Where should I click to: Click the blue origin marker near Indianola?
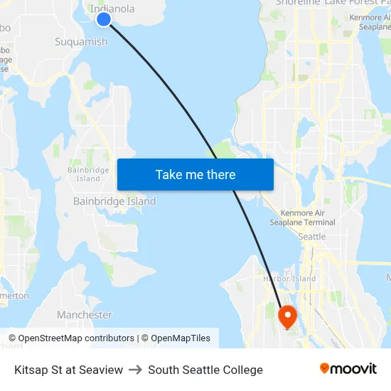(x=104, y=19)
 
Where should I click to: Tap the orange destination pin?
(x=288, y=315)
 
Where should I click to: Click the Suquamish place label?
(x=82, y=42)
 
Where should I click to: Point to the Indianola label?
(x=112, y=9)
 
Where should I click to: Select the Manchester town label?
(x=85, y=314)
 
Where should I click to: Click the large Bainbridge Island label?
(x=114, y=201)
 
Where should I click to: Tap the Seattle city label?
(x=312, y=236)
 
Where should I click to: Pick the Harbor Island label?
(x=289, y=278)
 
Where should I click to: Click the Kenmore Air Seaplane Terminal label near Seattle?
(x=302, y=218)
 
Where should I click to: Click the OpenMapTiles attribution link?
(x=181, y=338)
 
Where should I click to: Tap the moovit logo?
(x=348, y=369)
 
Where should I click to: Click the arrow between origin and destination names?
(x=135, y=370)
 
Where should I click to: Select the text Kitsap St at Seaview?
(x=68, y=370)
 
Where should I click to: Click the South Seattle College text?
(x=205, y=370)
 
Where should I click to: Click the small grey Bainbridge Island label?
(x=88, y=174)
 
